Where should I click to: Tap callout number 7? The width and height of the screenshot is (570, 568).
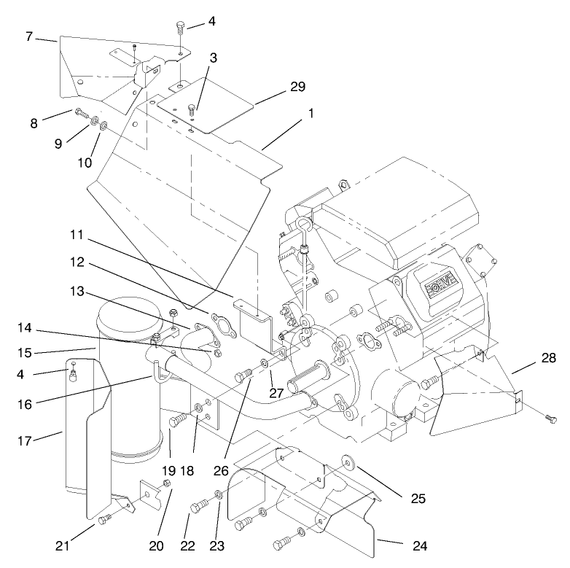[x=29, y=36]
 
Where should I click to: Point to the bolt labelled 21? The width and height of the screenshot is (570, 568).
[x=102, y=519]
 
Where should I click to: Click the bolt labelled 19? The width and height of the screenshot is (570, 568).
[x=178, y=421]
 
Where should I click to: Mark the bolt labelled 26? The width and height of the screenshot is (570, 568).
[x=243, y=377]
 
